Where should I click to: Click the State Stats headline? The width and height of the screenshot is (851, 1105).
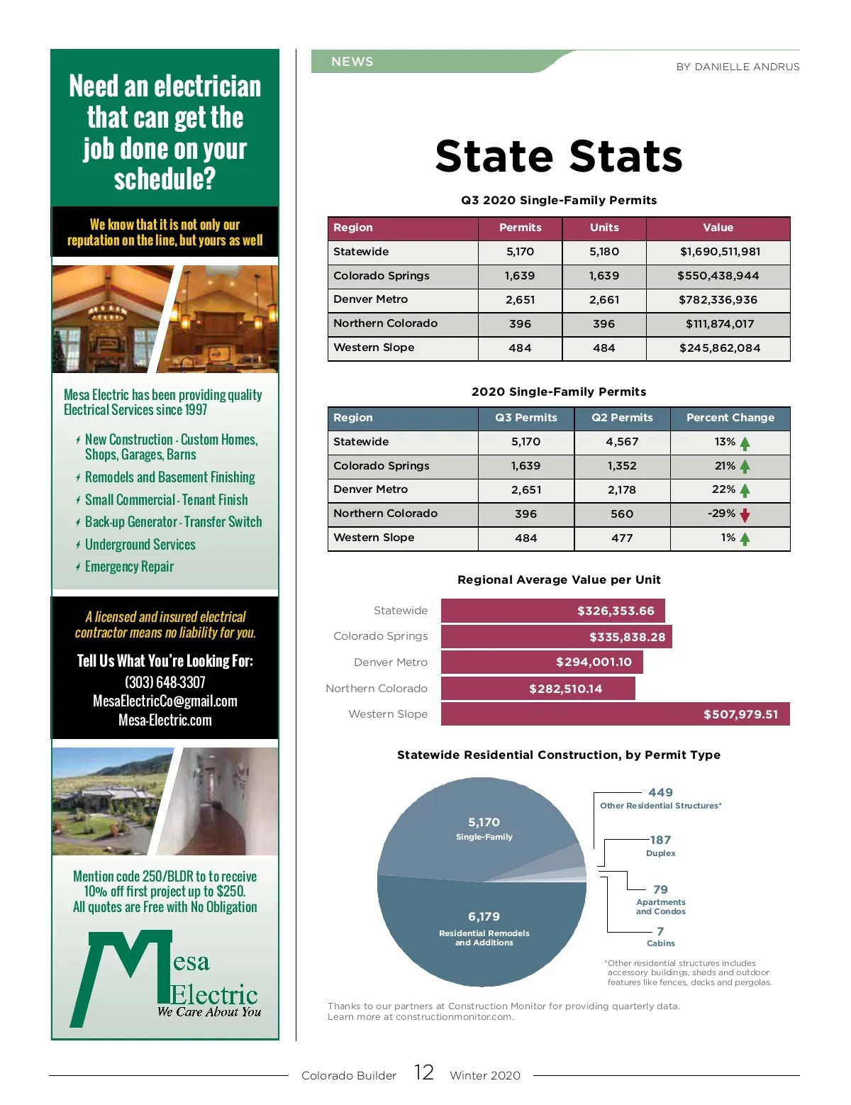(x=559, y=157)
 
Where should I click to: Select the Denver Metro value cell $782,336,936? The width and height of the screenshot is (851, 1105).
(x=718, y=300)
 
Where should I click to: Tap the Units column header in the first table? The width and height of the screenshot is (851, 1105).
(x=604, y=228)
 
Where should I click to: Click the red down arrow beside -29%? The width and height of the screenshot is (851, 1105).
(x=745, y=515)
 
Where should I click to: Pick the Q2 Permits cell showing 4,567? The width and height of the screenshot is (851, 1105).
(x=622, y=442)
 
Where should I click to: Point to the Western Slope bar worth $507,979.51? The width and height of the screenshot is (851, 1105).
(x=615, y=714)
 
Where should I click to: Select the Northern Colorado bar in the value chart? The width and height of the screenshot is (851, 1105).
(x=538, y=689)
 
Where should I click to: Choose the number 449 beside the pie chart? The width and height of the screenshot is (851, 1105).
(x=660, y=793)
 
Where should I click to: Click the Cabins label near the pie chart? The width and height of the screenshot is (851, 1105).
(x=660, y=943)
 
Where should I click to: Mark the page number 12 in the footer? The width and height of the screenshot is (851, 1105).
(x=424, y=1072)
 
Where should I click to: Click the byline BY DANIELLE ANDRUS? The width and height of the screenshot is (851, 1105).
(x=738, y=67)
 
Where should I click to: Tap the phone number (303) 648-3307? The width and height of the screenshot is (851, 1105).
(x=165, y=682)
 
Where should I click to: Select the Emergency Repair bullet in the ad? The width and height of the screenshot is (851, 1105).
(x=129, y=567)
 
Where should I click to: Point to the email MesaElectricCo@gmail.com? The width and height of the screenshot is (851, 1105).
(x=165, y=701)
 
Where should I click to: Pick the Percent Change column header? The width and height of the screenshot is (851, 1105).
(x=730, y=418)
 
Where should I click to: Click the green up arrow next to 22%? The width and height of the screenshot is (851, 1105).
(x=745, y=490)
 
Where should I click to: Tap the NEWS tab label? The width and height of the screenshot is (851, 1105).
(x=352, y=62)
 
